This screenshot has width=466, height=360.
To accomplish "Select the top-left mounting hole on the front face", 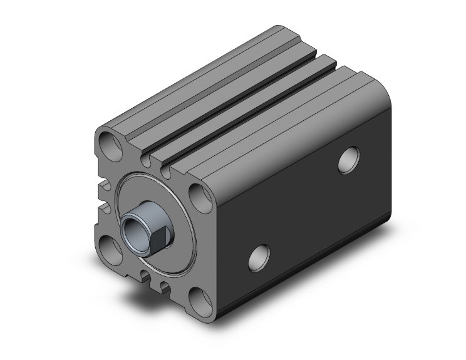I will [x=110, y=145].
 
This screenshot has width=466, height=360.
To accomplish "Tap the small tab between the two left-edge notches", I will [x=102, y=197].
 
